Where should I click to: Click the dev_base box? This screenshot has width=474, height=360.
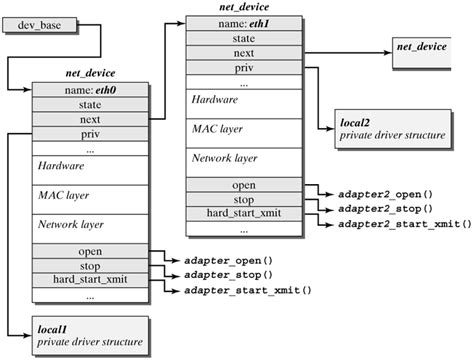37,23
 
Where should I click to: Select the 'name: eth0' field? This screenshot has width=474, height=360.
90,89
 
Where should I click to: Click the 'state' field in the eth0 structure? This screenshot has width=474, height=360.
90,104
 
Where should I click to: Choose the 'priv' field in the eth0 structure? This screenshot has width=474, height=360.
90,133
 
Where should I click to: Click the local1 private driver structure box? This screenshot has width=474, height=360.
88,335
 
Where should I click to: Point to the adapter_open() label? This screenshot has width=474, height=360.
228,259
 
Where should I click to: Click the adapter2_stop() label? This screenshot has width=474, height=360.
385,207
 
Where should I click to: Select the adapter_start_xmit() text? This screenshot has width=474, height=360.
248,291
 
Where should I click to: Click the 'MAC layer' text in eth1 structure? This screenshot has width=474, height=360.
214,129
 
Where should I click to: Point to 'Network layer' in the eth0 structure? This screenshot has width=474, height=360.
72,226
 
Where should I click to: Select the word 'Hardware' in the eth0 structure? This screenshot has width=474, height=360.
61,165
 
